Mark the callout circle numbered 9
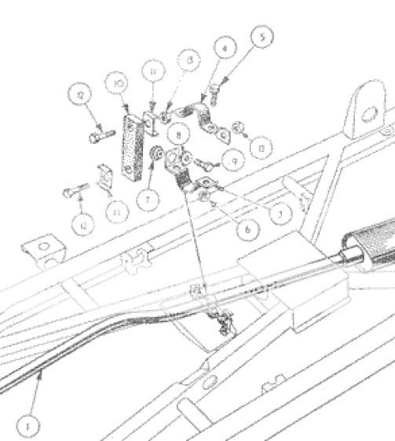click(232, 160)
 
